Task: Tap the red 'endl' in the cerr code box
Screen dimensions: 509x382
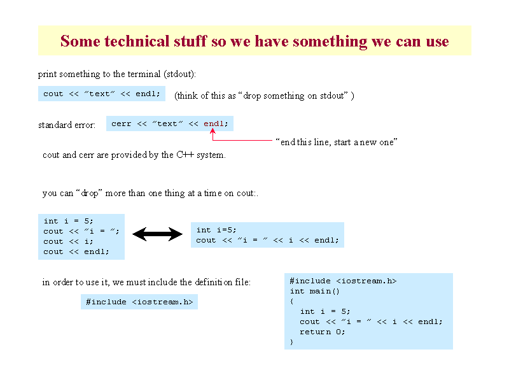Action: coord(214,124)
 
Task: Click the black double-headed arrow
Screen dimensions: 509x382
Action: coord(157,234)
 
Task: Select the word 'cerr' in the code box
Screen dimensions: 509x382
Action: coord(121,124)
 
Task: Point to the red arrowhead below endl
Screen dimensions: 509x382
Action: coord(213,131)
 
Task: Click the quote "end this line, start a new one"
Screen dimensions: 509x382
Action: coord(337,142)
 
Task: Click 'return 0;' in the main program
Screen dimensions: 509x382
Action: coord(322,332)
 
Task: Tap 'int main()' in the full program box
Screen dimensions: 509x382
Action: coord(314,291)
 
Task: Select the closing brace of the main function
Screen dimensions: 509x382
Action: coord(291,342)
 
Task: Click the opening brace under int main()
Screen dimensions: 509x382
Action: coord(291,301)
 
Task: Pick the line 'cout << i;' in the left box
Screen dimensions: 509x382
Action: coord(68,242)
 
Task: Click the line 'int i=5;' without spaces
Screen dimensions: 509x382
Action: coord(216,230)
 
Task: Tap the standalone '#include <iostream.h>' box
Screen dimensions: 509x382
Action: coord(139,302)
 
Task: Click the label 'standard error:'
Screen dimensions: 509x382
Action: coord(67,125)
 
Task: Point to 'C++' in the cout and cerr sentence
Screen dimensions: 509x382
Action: coord(185,155)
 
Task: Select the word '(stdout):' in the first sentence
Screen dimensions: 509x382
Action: coord(180,74)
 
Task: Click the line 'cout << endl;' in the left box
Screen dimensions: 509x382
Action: coord(76,251)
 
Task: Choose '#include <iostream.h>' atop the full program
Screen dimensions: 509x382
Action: coord(343,281)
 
